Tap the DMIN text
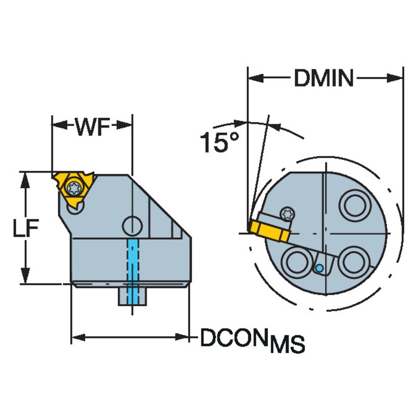point(324,78)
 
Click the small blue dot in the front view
point(319,268)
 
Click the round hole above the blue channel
point(132,226)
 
